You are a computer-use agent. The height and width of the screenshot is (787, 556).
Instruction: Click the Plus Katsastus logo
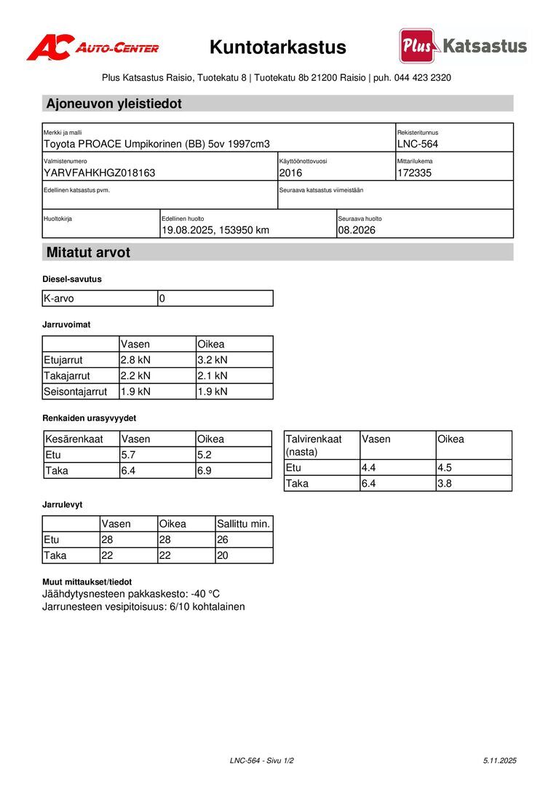pos(463,46)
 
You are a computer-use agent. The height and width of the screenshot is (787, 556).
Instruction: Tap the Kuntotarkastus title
pos(278,48)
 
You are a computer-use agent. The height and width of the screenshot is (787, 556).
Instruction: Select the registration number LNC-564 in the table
pos(418,144)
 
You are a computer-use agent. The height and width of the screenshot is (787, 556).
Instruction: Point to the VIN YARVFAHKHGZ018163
pos(100,173)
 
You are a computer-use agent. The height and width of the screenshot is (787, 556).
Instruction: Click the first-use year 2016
pos(290,173)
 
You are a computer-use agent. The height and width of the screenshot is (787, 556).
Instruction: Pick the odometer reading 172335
pos(415,173)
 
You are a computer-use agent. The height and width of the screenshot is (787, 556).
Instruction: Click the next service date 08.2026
pos(357,230)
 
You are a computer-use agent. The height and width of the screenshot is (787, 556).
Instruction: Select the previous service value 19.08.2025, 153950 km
pos(215,230)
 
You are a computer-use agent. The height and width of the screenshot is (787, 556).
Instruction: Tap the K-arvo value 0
pos(162,299)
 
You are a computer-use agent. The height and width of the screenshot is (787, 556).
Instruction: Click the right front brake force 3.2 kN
pos(213,360)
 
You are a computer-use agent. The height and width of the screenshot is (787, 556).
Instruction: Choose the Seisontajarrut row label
pos(75,392)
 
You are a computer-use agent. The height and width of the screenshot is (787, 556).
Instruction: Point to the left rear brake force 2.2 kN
pos(135,376)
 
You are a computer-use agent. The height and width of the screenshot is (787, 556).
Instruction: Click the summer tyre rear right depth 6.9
pos(204,471)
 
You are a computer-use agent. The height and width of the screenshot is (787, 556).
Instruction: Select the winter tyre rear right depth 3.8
pos(445,483)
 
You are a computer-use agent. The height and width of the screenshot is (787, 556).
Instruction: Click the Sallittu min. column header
pos(244,524)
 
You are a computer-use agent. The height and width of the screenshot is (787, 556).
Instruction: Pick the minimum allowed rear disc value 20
pos(223,556)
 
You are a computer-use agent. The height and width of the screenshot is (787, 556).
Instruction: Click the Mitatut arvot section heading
pos(89,253)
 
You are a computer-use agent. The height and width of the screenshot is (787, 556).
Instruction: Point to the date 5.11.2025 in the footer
pos(499,761)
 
